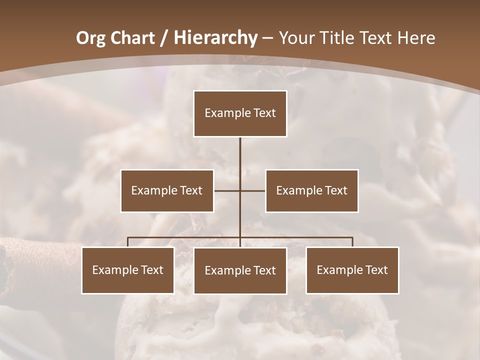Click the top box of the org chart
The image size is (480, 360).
[x=240, y=113]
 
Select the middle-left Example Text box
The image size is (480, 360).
[x=167, y=190]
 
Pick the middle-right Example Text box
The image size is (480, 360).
[x=311, y=190]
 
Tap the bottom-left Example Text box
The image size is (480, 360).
[x=128, y=270]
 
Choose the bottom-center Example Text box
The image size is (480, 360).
[x=240, y=270]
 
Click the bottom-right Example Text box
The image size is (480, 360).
[x=352, y=270]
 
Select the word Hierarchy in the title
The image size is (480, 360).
[x=215, y=37]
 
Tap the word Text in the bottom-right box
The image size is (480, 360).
[x=376, y=270]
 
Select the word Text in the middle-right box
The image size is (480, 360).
[x=335, y=190]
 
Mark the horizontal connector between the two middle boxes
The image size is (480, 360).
[x=239, y=190]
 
